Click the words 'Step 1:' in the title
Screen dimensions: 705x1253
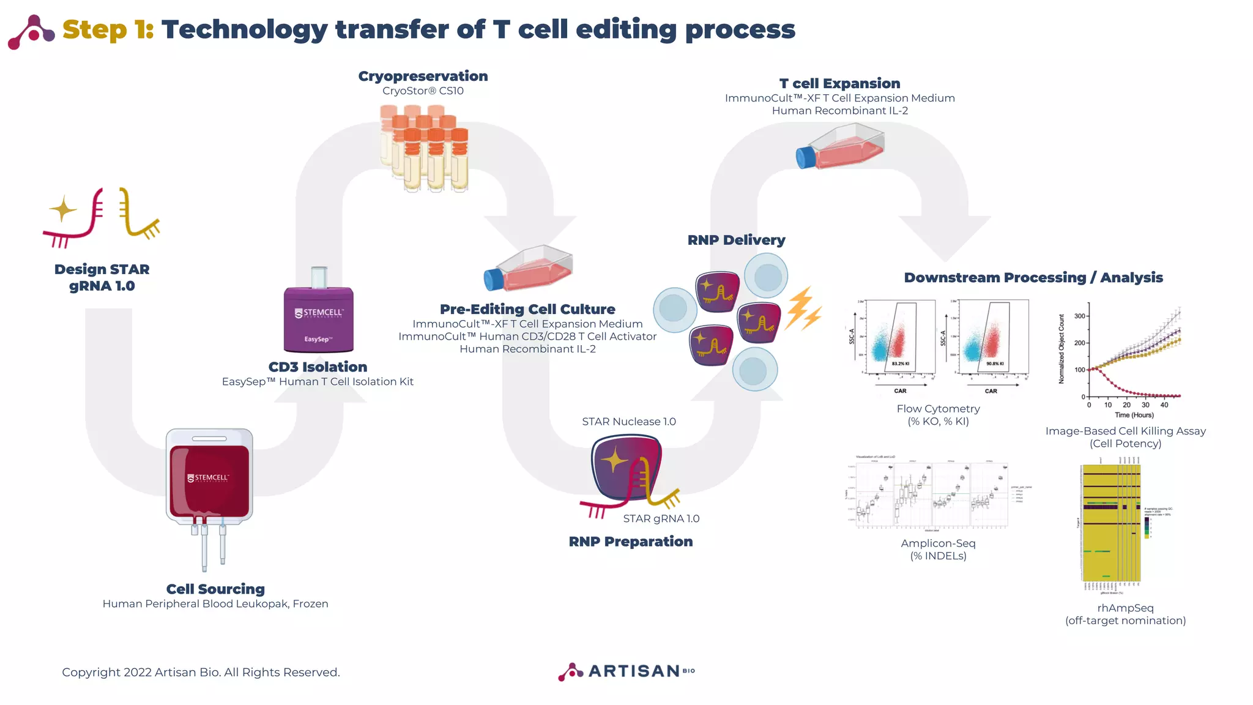coord(108,29)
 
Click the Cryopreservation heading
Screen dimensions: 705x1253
coord(423,76)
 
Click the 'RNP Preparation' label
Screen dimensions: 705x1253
coord(630,542)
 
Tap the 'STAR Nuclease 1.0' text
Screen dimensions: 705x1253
coord(628,422)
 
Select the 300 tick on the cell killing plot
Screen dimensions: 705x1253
coord(1080,316)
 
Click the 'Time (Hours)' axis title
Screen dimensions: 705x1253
coord(1134,415)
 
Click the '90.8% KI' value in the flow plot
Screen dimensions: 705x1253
coord(995,364)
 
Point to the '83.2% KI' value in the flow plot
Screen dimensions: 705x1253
coord(900,364)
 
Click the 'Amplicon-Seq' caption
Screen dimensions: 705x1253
coord(938,543)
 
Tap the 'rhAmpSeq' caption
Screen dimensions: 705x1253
coord(1125,608)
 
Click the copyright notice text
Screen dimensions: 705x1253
coord(201,672)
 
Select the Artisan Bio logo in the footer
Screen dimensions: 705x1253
coord(626,671)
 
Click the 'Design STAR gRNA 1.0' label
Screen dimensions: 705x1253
coord(102,277)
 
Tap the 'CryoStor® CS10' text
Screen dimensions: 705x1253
coord(423,91)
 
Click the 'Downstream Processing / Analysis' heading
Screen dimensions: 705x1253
coord(1033,277)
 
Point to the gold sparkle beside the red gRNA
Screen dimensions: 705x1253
coord(62,210)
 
